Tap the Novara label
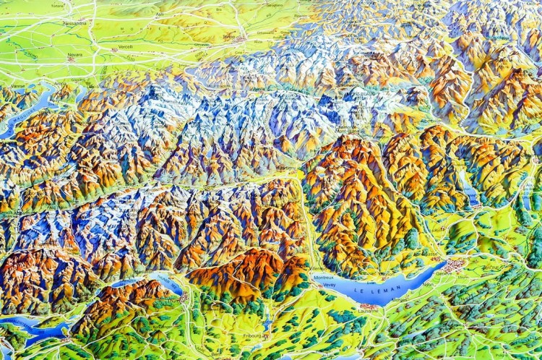pos(74,55)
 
